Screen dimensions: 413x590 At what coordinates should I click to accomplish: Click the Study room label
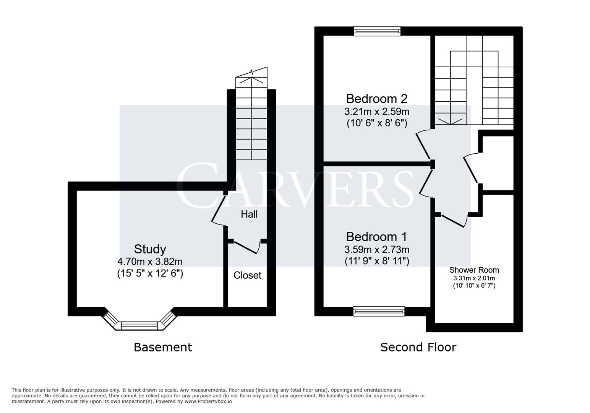tap(150, 249)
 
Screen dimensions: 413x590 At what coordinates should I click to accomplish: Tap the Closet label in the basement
tap(247, 275)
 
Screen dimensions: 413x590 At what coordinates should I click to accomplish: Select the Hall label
tap(249, 214)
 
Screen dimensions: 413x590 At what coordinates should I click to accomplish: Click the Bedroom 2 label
tap(377, 99)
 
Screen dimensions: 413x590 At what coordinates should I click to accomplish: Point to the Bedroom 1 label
tap(377, 237)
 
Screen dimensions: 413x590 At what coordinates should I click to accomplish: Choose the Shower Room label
tap(474, 270)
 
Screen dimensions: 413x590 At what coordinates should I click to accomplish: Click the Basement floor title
tap(163, 347)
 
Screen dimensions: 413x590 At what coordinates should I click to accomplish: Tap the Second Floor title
tap(418, 347)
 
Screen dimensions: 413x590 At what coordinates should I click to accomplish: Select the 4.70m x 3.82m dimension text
tap(150, 262)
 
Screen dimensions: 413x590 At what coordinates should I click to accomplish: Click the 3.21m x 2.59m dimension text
tap(377, 112)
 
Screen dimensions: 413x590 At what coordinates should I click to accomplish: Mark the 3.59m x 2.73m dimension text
tap(377, 250)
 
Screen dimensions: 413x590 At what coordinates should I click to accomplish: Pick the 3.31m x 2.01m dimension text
tap(474, 278)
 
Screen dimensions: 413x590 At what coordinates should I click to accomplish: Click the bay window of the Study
tap(139, 325)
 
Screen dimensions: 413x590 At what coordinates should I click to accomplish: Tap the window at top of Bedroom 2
tap(377, 31)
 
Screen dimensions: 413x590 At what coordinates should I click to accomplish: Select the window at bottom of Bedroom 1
tap(379, 311)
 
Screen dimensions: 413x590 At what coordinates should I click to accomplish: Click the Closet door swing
tap(247, 247)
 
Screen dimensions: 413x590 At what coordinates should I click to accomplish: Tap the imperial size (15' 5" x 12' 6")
tap(150, 274)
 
